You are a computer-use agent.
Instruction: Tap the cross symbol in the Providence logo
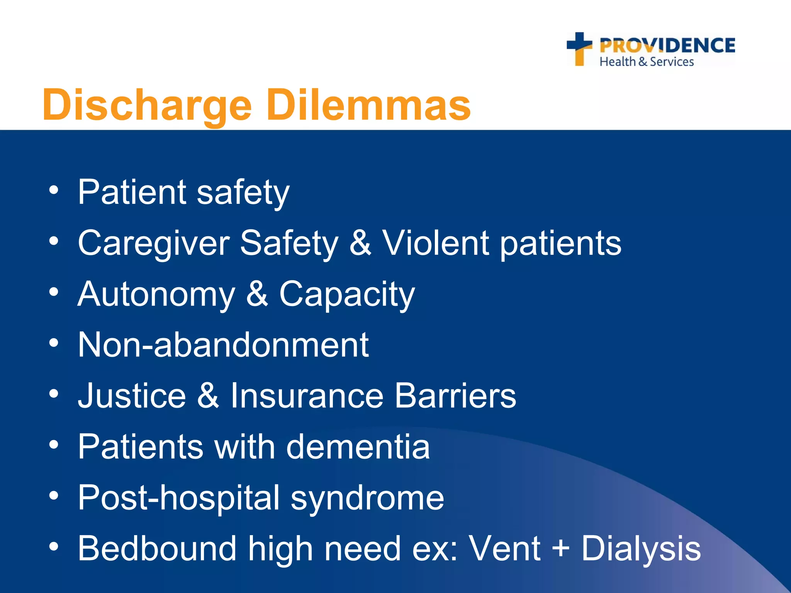pyautogui.click(x=579, y=48)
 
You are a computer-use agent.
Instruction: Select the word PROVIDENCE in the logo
pyautogui.click(x=667, y=46)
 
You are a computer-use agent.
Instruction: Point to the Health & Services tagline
pyautogui.click(x=647, y=62)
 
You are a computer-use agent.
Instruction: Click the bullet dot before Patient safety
pyautogui.click(x=54, y=190)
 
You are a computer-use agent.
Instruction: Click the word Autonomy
pyautogui.click(x=156, y=295)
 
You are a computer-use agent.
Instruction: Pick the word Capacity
pyautogui.click(x=347, y=295)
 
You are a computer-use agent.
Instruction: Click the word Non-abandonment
pyautogui.click(x=223, y=344)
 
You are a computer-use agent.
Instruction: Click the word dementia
pyautogui.click(x=358, y=446)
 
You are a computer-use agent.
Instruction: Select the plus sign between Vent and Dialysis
pyautogui.click(x=560, y=549)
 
